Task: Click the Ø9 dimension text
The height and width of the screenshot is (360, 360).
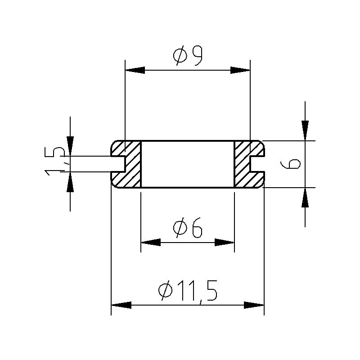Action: click(x=188, y=55)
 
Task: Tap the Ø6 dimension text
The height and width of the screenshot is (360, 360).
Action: click(x=188, y=228)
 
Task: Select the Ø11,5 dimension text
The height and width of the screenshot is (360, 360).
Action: click(x=188, y=290)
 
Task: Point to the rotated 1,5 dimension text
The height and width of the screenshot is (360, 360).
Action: click(x=54, y=161)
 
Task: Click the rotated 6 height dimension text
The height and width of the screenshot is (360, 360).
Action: click(x=290, y=164)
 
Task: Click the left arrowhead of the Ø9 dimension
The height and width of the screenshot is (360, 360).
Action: click(x=135, y=70)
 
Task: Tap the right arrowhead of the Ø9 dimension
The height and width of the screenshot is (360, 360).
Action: click(x=240, y=70)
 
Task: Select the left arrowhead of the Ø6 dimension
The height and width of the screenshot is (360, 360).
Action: click(x=151, y=242)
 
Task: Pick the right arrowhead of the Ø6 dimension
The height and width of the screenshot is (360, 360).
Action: click(x=225, y=242)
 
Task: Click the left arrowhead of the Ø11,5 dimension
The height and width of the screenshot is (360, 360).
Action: click(x=121, y=305)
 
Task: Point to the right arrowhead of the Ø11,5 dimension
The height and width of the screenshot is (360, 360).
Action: click(x=254, y=305)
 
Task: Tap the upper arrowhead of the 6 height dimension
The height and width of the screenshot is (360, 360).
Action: click(x=305, y=130)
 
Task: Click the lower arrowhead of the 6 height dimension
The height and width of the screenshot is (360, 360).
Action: click(x=305, y=198)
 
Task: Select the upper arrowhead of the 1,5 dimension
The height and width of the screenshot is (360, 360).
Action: click(x=70, y=146)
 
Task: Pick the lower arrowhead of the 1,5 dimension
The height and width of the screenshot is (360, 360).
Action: click(x=70, y=182)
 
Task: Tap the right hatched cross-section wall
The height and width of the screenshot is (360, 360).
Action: click(x=246, y=164)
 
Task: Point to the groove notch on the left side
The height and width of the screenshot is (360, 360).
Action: click(x=118, y=164)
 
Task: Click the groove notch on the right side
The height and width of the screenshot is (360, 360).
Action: click(x=257, y=164)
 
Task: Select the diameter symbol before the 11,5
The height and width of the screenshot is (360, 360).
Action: click(x=165, y=290)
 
